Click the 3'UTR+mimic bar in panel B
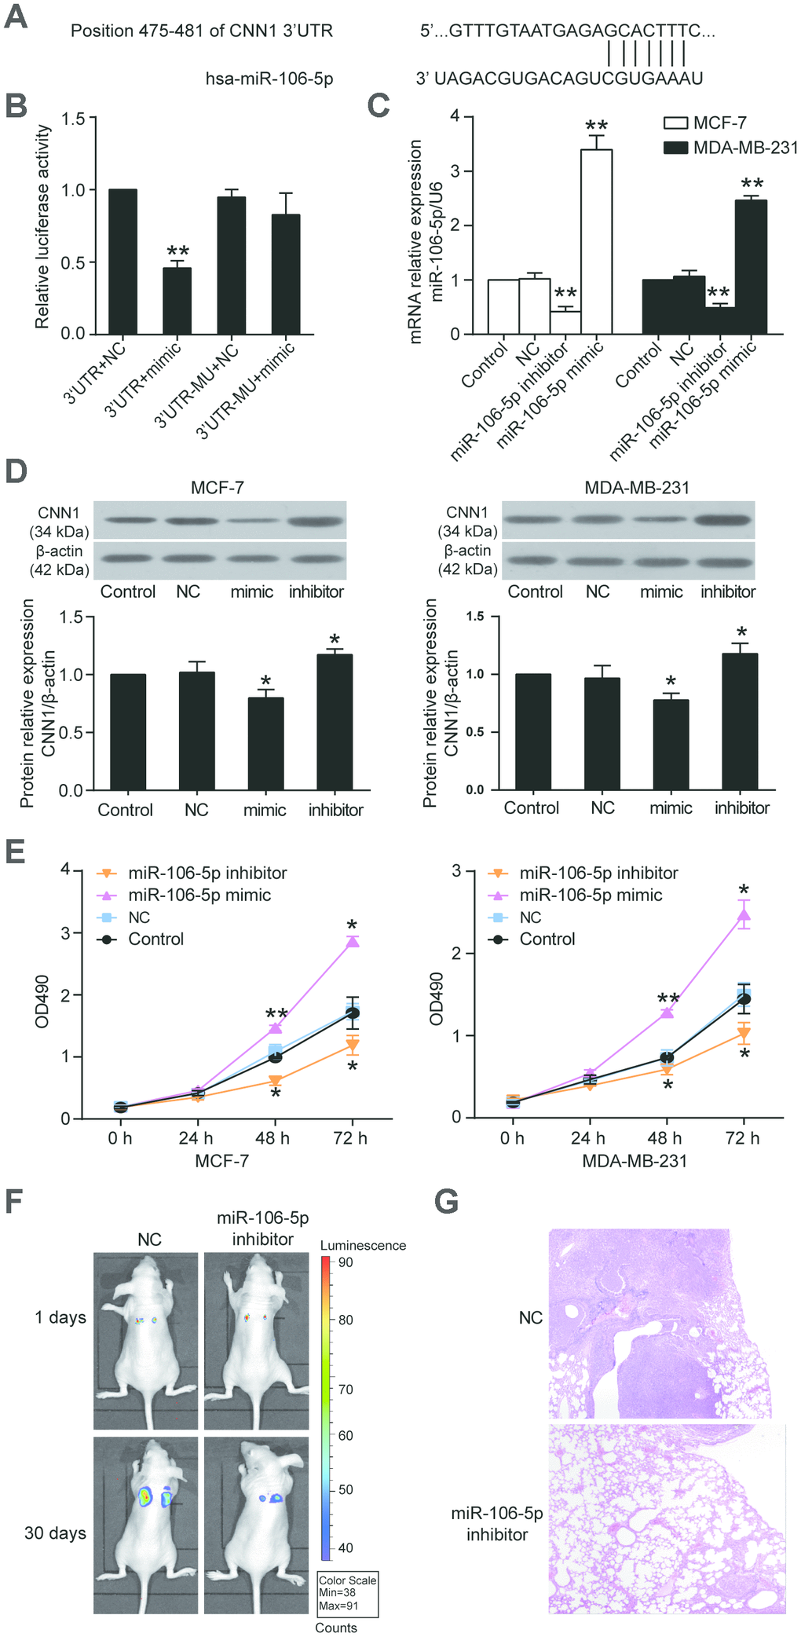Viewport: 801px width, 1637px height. click(177, 301)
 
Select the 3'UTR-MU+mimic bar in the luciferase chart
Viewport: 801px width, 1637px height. click(285, 274)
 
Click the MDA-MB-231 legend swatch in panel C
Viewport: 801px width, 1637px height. click(675, 148)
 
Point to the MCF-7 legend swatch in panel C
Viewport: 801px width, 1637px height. click(675, 123)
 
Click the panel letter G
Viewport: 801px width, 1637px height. click(446, 1202)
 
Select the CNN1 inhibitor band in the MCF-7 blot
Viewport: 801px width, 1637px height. click(316, 520)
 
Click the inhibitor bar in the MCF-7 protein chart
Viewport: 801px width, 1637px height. click(335, 722)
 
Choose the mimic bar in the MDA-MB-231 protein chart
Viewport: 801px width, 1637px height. click(671, 744)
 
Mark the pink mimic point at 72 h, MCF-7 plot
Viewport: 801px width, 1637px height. click(353, 941)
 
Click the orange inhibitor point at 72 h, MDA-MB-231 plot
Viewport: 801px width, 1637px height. click(744, 1034)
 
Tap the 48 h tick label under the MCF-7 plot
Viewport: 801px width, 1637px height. click(272, 1138)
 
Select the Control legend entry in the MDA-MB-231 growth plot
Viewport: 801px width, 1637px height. click(547, 939)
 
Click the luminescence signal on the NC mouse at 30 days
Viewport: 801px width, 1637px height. click(145, 1497)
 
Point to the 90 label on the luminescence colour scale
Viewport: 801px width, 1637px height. click(346, 1262)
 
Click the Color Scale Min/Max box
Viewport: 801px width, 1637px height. click(348, 1595)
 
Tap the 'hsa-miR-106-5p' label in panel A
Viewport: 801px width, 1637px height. click(269, 79)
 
